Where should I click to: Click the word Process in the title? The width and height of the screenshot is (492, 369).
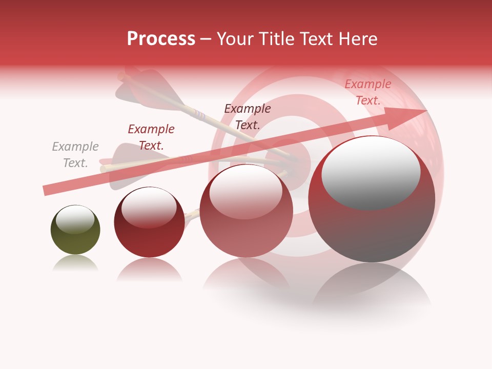pyautogui.click(x=161, y=39)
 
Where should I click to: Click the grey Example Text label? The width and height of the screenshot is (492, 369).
pyautogui.click(x=75, y=155)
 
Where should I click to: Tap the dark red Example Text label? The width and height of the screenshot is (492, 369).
pyautogui.click(x=151, y=137)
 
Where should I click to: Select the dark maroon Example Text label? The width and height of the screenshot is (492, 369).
pyautogui.click(x=248, y=116)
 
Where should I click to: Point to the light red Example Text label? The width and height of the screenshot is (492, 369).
pyautogui.click(x=367, y=92)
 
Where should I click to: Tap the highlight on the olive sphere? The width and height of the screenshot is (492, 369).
pyautogui.click(x=75, y=218)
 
